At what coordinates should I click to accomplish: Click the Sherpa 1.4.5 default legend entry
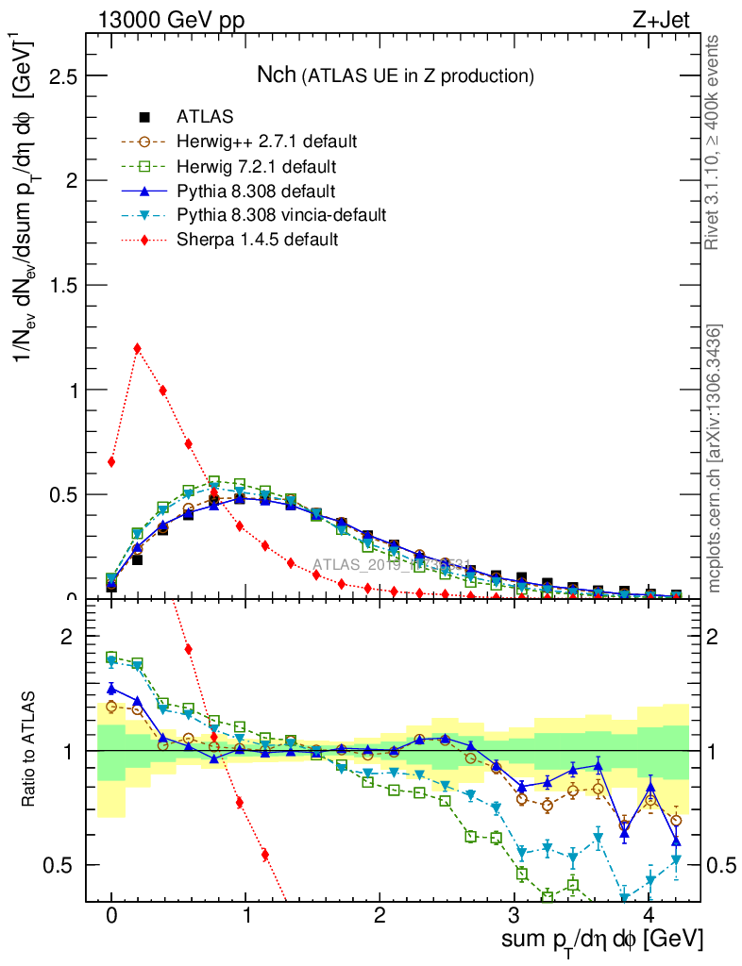(257, 240)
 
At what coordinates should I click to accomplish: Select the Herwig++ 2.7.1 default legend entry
(266, 142)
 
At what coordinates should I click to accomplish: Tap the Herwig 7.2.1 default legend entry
(256, 166)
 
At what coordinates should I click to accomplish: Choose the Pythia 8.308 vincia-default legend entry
(281, 215)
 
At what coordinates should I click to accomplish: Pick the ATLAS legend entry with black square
(205, 117)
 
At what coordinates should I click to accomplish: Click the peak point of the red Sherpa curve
(138, 348)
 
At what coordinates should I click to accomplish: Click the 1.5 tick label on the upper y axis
(63, 285)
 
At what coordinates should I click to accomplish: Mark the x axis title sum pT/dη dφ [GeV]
(602, 941)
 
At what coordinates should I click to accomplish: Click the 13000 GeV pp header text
(170, 19)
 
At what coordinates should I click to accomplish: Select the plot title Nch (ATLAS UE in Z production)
(396, 75)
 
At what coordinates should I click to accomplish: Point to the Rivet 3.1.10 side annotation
(714, 142)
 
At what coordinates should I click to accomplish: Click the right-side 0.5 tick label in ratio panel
(722, 865)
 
